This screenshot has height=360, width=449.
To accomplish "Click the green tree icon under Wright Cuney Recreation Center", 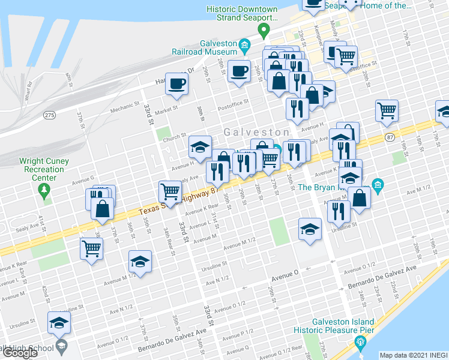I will coord(43,190).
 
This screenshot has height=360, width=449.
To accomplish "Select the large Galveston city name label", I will coord(257,131).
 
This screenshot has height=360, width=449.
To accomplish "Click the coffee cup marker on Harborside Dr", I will coord(177,84).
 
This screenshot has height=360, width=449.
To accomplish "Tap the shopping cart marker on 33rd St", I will coord(170,192).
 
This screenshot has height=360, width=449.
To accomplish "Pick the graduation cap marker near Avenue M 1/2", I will coord(140,262).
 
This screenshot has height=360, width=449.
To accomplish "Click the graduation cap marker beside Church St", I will coord(200,146).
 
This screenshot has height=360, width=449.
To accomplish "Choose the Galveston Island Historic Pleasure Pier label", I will coord(334,326).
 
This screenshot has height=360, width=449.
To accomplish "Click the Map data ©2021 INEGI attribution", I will coord(414,355).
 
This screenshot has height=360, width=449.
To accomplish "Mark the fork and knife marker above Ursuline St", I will coord(340,211).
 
